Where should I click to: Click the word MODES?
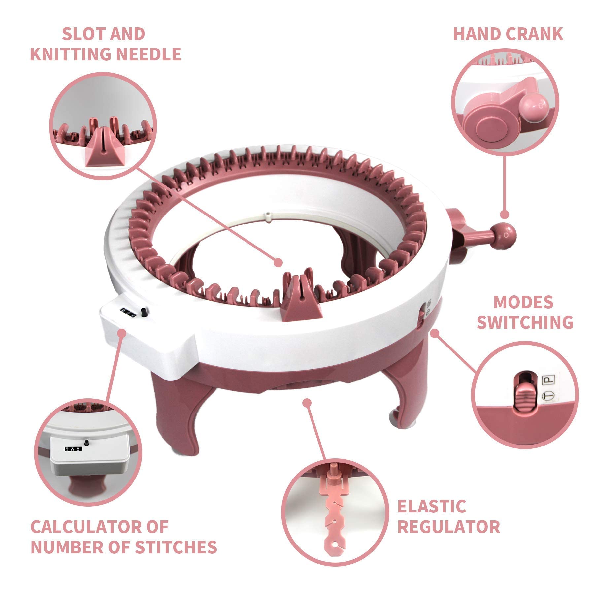pos(523,302)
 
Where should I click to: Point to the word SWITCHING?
pos(525,322)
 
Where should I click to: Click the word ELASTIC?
pos(432,507)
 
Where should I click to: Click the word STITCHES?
pos(176,547)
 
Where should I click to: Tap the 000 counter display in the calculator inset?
pos(72,449)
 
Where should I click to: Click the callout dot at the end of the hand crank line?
pos(504,215)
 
